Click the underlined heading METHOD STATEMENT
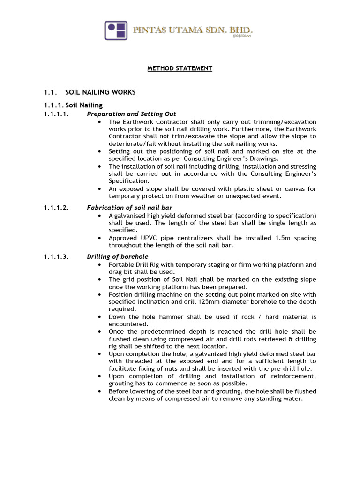tap(180, 68)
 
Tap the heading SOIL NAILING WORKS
tap(100, 92)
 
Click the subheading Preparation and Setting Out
tap(132, 114)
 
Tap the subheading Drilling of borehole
tap(118, 256)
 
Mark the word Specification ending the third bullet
tap(128, 181)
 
